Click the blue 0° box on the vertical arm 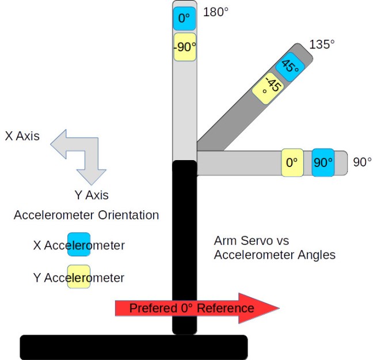click(184, 19)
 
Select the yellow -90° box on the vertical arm click(184, 47)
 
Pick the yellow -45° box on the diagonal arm click(271, 88)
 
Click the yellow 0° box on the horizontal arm click(292, 163)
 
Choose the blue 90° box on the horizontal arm click(322, 163)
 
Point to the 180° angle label click(216, 12)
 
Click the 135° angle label click(322, 44)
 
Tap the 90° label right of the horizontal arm click(362, 162)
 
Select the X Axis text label click(22, 137)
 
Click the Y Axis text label click(92, 195)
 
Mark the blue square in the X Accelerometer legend click(79, 244)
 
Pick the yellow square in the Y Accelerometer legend click(79, 277)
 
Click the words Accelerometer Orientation click(86, 215)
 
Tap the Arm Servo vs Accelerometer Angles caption click(275, 247)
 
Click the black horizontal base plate click(134, 347)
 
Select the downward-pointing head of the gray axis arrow click(92, 176)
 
